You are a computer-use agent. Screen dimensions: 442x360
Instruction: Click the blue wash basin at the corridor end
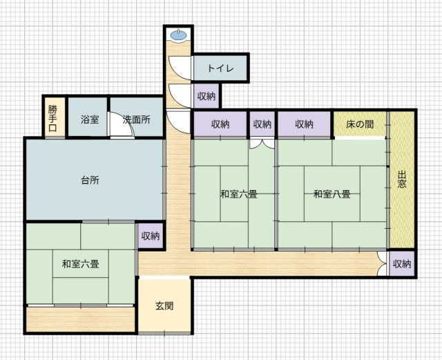pos(178,35)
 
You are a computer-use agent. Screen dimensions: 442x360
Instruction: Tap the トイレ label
pos(220,68)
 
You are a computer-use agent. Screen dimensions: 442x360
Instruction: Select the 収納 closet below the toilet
pos(206,96)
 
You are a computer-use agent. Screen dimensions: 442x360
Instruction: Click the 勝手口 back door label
pos(52,118)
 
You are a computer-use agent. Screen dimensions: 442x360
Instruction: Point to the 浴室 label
pos(90,120)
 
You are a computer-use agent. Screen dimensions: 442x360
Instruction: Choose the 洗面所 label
pos(137,120)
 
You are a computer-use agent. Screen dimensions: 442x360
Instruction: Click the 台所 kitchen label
pos(90,180)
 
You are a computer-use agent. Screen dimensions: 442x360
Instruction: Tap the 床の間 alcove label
pos(360,124)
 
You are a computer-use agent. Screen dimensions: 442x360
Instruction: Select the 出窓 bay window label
pos(402,180)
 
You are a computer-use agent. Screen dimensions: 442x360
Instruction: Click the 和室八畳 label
pos(332,194)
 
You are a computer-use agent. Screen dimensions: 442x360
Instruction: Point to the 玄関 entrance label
pos(164,306)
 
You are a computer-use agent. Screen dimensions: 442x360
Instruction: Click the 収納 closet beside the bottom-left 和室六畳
pos(151,236)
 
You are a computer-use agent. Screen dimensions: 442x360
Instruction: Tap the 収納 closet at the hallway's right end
pos(402,264)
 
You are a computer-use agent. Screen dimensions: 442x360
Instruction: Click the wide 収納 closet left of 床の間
pos(304,124)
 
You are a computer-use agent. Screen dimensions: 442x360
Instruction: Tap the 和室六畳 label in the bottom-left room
pos(81,264)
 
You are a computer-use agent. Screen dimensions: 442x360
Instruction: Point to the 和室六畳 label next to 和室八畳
pos(239,194)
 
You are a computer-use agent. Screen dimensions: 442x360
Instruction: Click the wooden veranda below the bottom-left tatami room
pos(80,320)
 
